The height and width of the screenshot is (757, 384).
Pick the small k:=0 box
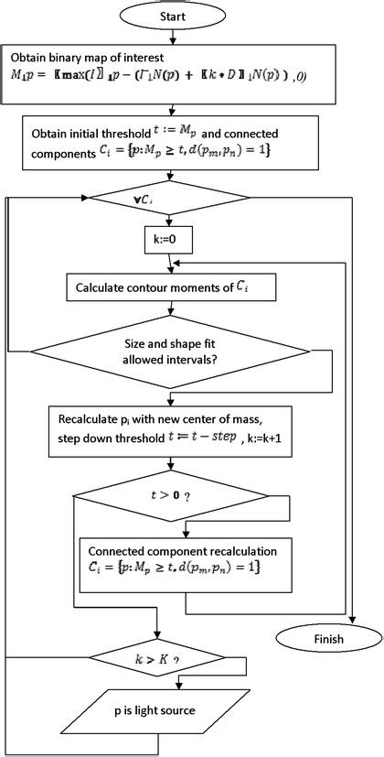tap(170, 242)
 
